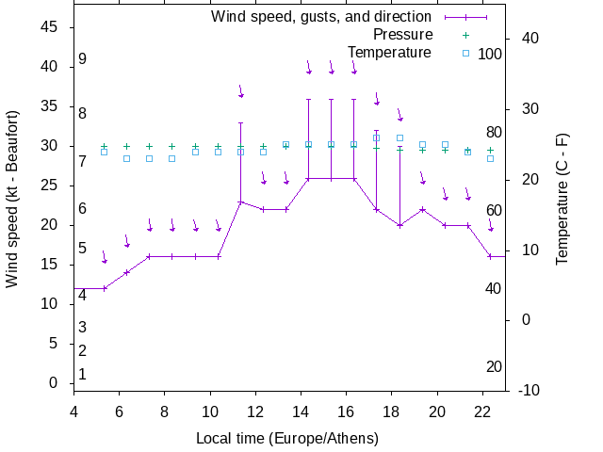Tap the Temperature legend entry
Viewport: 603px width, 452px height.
click(x=389, y=52)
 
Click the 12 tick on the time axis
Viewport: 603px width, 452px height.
click(x=255, y=411)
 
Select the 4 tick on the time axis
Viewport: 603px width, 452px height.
click(x=73, y=411)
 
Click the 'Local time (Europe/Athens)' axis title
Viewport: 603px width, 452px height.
click(x=286, y=439)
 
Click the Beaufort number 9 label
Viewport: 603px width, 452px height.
click(x=83, y=59)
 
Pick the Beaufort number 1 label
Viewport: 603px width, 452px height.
click(x=83, y=374)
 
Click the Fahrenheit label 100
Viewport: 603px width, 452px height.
click(x=490, y=54)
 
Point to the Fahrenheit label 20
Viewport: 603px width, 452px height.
click(x=494, y=366)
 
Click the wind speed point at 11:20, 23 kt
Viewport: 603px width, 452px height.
click(x=240, y=202)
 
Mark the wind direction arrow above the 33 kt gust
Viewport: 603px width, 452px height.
click(x=241, y=90)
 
